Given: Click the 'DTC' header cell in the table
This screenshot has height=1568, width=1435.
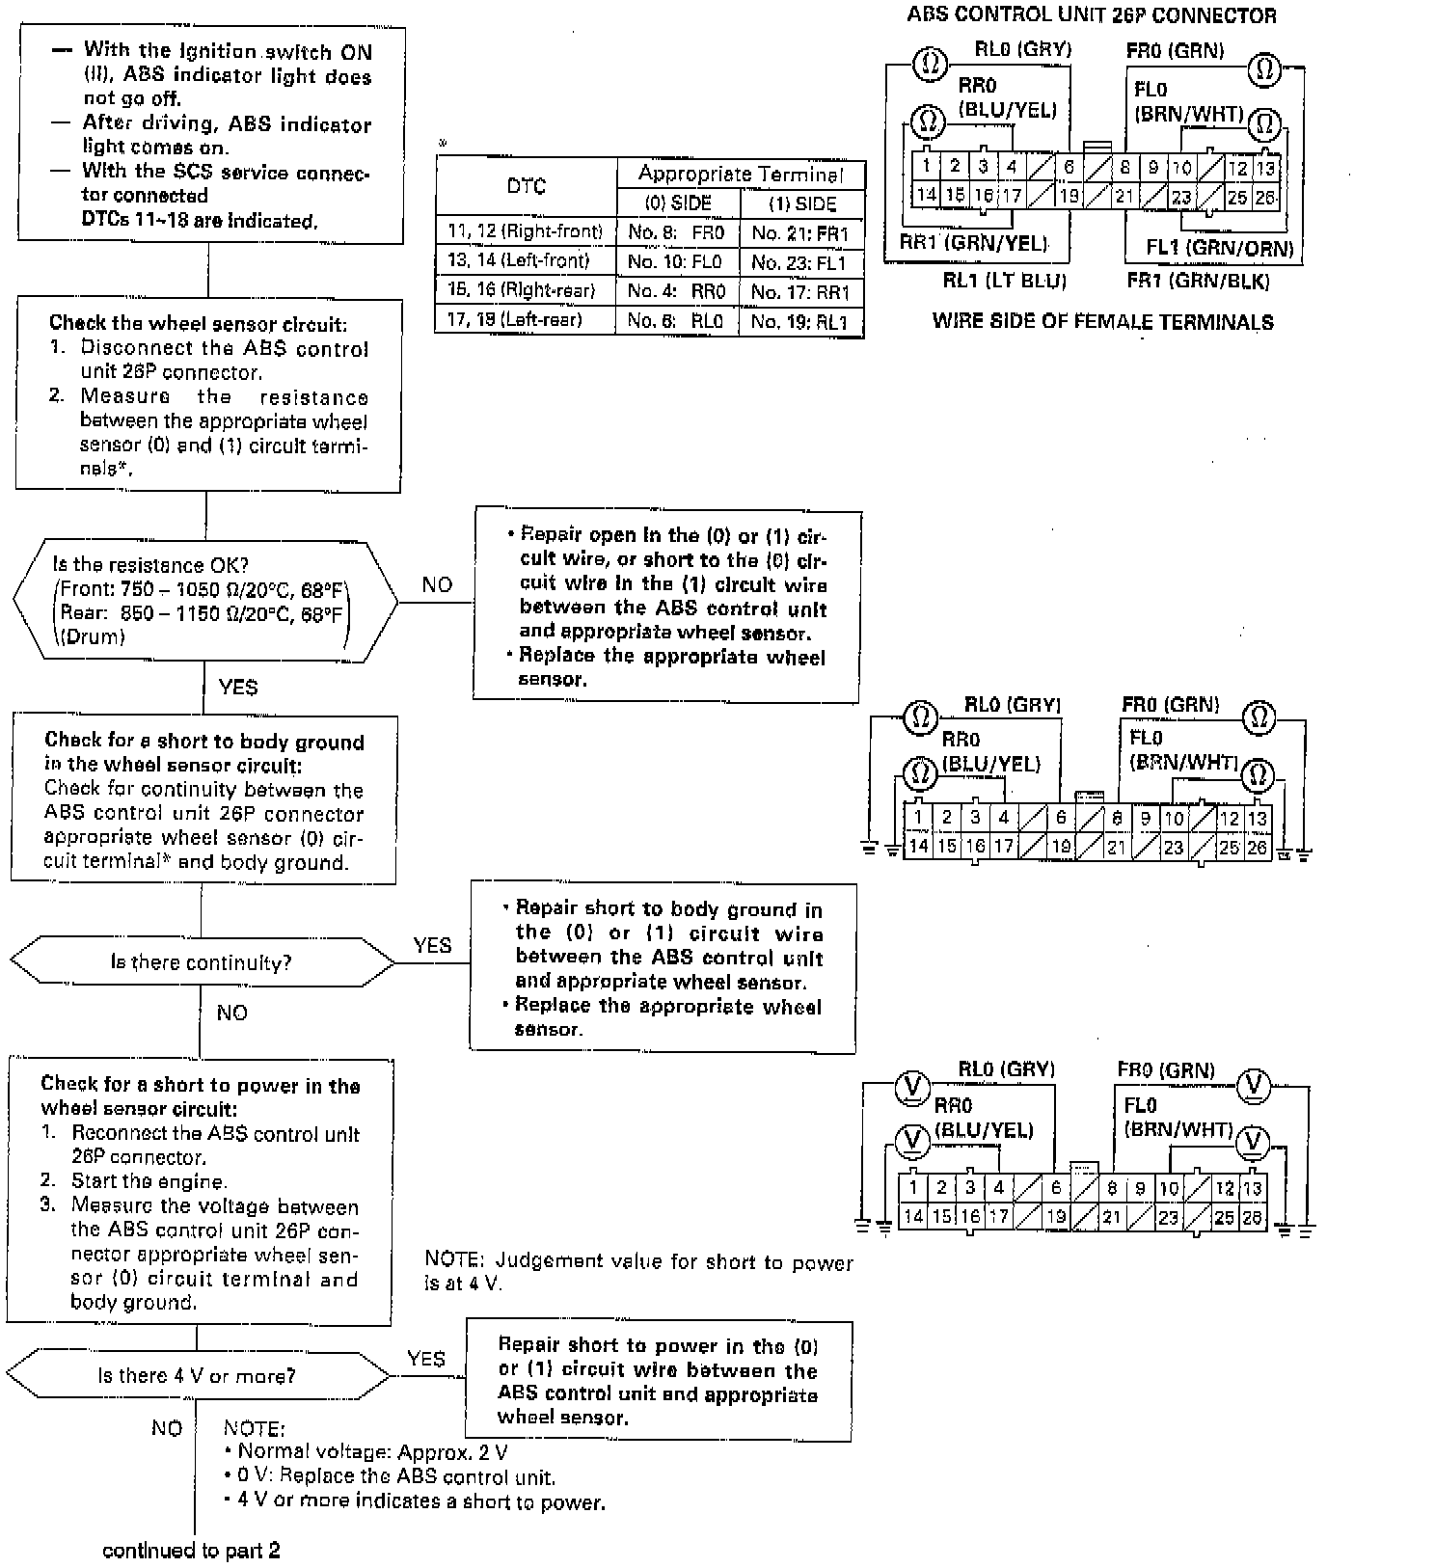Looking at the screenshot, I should pyautogui.click(x=526, y=187).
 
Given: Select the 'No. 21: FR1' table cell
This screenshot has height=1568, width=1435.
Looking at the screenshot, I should pyautogui.click(x=800, y=233).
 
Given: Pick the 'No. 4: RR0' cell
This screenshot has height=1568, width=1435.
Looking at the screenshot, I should pyautogui.click(x=676, y=291).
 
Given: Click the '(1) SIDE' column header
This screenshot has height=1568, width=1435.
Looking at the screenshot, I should pyautogui.click(x=802, y=204).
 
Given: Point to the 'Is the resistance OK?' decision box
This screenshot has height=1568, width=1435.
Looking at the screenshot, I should pyautogui.click(x=204, y=601).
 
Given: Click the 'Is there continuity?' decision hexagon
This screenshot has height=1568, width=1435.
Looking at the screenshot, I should pyautogui.click(x=201, y=962).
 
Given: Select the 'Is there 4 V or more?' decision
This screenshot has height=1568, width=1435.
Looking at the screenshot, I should pyautogui.click(x=197, y=1376).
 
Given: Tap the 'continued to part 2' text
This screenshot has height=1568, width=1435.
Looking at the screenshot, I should pyautogui.click(x=191, y=1550).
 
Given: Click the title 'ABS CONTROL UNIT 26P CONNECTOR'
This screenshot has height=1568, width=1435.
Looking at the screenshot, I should pyautogui.click(x=1092, y=15).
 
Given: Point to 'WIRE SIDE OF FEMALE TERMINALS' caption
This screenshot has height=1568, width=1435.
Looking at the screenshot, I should pyautogui.click(x=1102, y=322).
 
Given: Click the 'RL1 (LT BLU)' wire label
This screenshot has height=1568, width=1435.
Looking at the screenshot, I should pyautogui.click(x=1004, y=282).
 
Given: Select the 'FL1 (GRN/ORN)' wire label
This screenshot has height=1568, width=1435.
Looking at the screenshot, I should pyautogui.click(x=1220, y=248).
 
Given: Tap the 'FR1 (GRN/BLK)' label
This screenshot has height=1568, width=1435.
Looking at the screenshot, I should pyautogui.click(x=1198, y=282).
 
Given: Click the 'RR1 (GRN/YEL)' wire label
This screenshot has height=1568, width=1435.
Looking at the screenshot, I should pyautogui.click(x=973, y=243).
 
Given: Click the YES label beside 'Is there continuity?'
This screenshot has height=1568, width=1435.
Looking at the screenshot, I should pyautogui.click(x=432, y=945).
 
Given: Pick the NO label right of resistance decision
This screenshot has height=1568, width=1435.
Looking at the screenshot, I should pyautogui.click(x=437, y=584).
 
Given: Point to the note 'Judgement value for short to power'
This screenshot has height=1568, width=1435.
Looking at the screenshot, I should pyautogui.click(x=638, y=1271).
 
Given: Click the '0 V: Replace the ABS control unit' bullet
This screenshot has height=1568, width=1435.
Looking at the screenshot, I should pyautogui.click(x=390, y=1477).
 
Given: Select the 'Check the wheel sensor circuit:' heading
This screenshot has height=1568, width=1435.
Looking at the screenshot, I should pyautogui.click(x=198, y=324).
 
